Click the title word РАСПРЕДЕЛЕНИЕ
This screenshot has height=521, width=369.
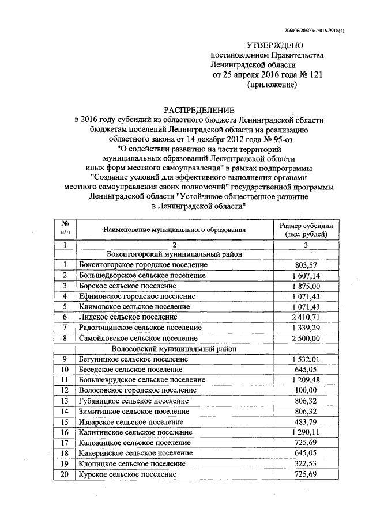pos(198,110)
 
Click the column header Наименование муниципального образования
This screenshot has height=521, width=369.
pos(174,229)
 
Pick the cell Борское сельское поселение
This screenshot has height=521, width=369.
pos(128,286)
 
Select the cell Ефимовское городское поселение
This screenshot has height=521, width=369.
pos(137,296)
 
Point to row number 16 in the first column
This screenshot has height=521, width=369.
pos(65,432)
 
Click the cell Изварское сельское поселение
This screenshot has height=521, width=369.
pos(131,422)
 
